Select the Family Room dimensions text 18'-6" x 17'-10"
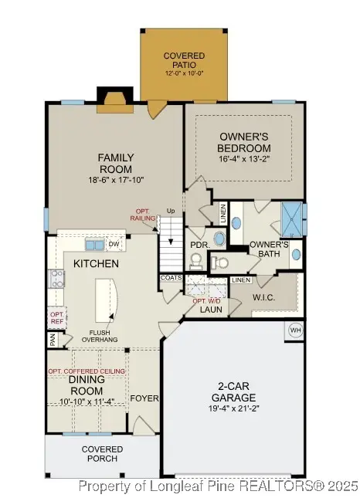(116, 180)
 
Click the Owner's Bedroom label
(244, 142)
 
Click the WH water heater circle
(294, 330)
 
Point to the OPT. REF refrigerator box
(56, 318)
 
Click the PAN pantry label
(53, 339)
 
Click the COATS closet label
(171, 278)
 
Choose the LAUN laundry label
(210, 309)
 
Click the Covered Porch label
(101, 453)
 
